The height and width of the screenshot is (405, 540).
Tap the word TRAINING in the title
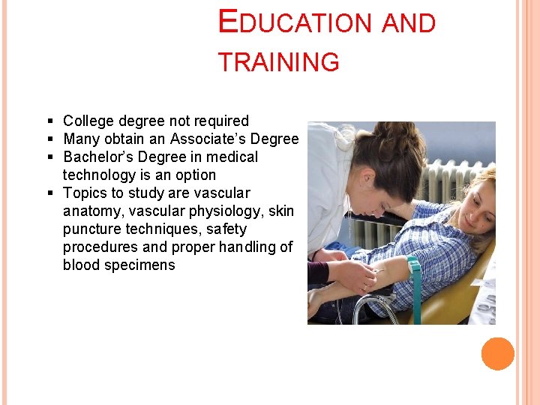pyautogui.click(x=278, y=62)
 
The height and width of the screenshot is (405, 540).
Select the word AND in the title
pyautogui.click(x=409, y=23)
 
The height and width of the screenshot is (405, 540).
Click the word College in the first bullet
pyautogui.click(x=87, y=121)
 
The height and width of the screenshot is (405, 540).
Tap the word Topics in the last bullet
pyautogui.click(x=85, y=193)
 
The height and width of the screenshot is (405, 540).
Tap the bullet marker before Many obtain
pyautogui.click(x=49, y=139)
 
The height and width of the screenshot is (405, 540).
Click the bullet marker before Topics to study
pyautogui.click(x=49, y=193)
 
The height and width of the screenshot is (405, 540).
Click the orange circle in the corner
pyautogui.click(x=498, y=354)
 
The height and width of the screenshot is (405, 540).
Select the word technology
pyautogui.click(x=103, y=175)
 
